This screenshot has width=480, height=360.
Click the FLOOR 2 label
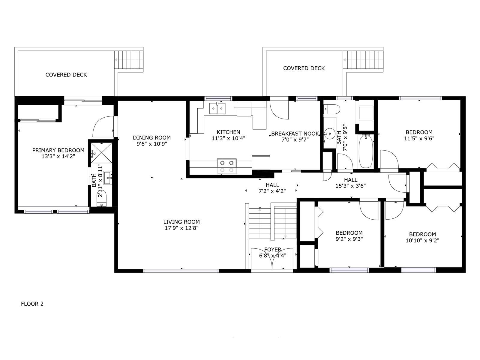tap(32, 304)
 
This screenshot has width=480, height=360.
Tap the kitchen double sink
tap(217, 108)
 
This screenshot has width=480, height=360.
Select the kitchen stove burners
tap(227, 166)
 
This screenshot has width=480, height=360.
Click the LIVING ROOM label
tap(181, 222)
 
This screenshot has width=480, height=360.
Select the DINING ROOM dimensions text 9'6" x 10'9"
tap(152, 144)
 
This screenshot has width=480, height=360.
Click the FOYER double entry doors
tap(272, 259)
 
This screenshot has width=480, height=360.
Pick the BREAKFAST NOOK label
tap(295, 133)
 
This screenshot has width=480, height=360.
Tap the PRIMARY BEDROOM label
tap(58, 150)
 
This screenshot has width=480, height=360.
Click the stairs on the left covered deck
tap(129, 60)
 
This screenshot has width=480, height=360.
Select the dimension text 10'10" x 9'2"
tap(422, 240)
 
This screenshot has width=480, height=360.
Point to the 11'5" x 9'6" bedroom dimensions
tap(419, 138)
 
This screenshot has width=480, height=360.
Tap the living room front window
tap(181, 271)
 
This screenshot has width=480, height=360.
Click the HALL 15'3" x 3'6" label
tap(350, 183)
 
